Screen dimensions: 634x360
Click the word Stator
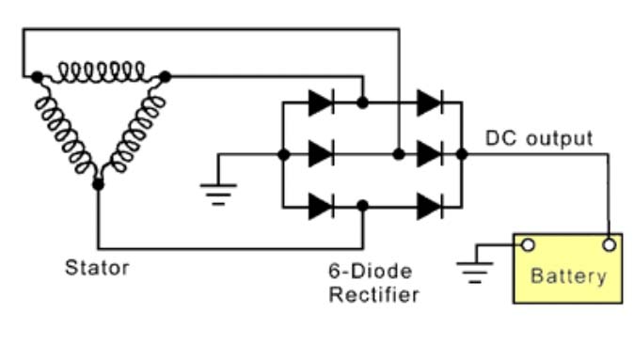pyautogui.click(x=97, y=268)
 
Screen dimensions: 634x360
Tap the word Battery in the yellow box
pyautogui.click(x=568, y=276)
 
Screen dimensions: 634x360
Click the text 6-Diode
pyautogui.click(x=371, y=271)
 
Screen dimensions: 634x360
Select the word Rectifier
pyautogui.click(x=374, y=294)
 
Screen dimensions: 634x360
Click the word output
pyautogui.click(x=560, y=139)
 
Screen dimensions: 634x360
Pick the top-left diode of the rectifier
pyautogui.click(x=321, y=102)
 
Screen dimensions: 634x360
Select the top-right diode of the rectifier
pyautogui.click(x=430, y=102)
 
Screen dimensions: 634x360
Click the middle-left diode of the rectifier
pyautogui.click(x=321, y=154)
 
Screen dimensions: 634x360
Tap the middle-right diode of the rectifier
pyautogui.click(x=430, y=154)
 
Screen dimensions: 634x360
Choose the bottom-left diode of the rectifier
pyautogui.click(x=321, y=207)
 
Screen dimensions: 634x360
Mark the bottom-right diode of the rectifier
pyautogui.click(x=430, y=207)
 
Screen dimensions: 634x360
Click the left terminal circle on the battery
pyautogui.click(x=528, y=244)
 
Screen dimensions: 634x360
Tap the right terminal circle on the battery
pyautogui.click(x=609, y=244)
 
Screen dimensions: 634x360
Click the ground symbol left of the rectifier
pyautogui.click(x=218, y=195)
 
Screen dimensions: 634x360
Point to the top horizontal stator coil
pyautogui.click(x=102, y=73)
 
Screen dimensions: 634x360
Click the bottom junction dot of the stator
pyautogui.click(x=98, y=184)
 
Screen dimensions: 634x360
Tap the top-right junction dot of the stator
pyautogui.click(x=165, y=76)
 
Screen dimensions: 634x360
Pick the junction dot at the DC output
pyautogui.click(x=462, y=154)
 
